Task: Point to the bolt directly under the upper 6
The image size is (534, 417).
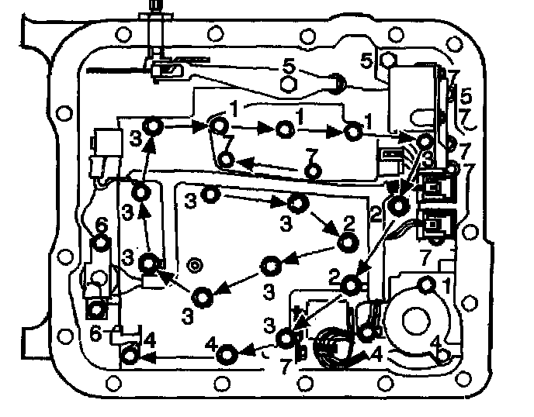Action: [100, 244]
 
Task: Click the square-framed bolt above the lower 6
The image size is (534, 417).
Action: [95, 310]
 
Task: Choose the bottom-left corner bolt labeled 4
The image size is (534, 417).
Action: [130, 356]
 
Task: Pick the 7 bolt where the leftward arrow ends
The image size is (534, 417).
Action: [226, 160]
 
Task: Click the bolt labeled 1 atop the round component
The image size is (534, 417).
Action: [426, 284]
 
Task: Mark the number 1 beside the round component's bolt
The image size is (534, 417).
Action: [446, 285]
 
